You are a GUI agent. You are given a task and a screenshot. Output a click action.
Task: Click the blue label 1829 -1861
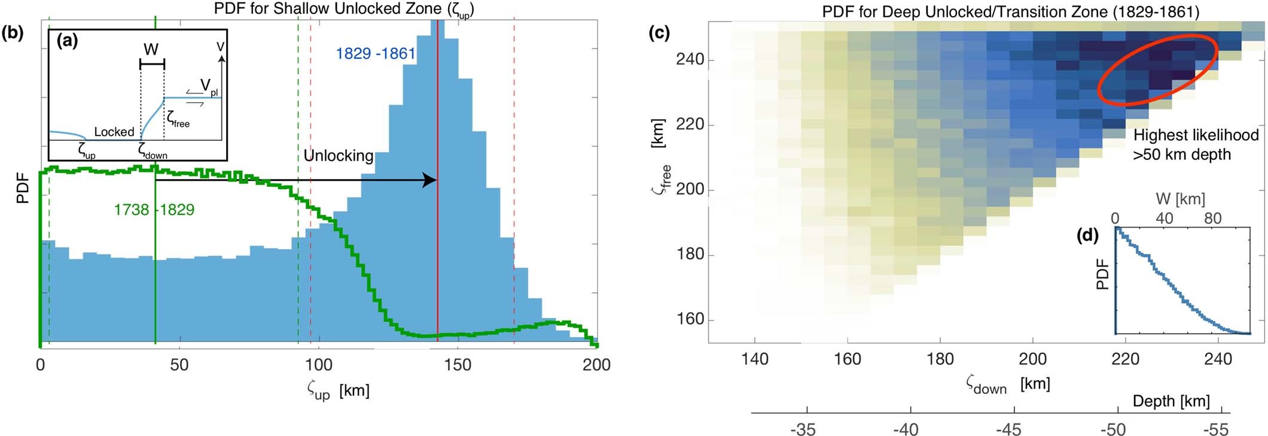375,54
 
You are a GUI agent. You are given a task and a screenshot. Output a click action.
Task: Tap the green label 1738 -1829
154,210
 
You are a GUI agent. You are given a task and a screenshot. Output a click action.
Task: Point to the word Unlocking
338,156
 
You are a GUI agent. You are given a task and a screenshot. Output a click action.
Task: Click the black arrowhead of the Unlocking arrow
430,180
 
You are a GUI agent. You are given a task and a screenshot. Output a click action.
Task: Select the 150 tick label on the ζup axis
458,365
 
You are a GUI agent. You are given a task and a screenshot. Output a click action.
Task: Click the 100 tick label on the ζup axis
319,365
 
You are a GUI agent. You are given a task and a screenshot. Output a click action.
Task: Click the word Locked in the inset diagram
114,132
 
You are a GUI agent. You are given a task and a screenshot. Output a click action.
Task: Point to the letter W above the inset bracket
151,50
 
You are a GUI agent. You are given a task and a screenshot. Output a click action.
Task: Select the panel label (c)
659,33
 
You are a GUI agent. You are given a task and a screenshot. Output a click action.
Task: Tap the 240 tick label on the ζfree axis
690,60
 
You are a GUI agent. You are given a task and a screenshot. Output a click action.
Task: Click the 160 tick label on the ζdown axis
848,359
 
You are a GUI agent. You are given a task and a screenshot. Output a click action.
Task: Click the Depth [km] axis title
1171,401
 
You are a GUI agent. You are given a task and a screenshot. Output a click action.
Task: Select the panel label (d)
1087,236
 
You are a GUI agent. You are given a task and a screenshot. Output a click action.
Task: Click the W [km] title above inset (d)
1180,199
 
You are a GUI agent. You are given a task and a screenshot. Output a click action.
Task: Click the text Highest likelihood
1196,135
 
